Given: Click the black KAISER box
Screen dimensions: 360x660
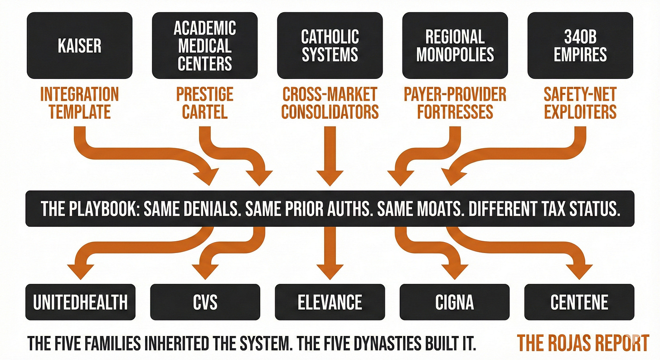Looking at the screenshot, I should (x=79, y=45).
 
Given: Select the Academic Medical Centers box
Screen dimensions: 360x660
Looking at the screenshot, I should (x=205, y=45).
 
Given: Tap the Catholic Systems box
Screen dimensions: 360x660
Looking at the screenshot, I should (x=330, y=45).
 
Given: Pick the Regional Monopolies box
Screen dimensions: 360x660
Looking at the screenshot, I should (x=455, y=45).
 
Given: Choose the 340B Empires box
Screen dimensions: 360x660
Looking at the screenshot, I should (x=580, y=45).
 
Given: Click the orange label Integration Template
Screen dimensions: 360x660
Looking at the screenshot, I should (x=79, y=103).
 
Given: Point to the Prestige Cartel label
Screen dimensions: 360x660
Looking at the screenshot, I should (x=205, y=103).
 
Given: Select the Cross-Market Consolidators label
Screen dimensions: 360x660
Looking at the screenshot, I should (x=330, y=103).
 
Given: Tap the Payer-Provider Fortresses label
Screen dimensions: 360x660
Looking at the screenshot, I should (x=455, y=103).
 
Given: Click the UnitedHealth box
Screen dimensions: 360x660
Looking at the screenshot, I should (x=80, y=302).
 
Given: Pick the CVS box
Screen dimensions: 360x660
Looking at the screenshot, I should (x=205, y=302).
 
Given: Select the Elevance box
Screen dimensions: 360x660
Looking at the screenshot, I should (x=330, y=302).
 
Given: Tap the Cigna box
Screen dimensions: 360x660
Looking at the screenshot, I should (x=455, y=302).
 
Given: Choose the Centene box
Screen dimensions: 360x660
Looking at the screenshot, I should (x=579, y=302).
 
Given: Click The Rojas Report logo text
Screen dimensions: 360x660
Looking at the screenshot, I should (x=583, y=343).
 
